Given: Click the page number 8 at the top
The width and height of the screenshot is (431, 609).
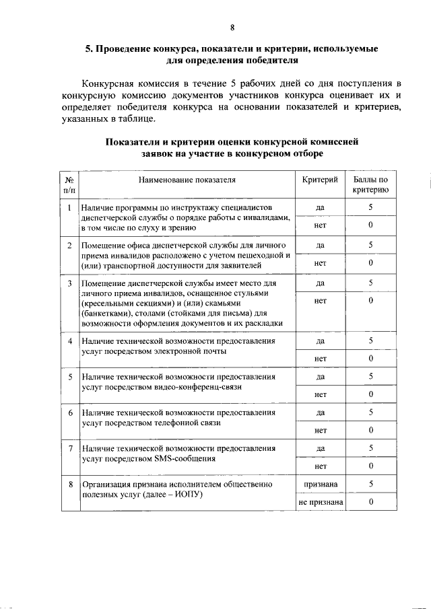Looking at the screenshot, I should point(232,28).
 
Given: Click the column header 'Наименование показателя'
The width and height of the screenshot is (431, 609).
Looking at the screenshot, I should point(187,180).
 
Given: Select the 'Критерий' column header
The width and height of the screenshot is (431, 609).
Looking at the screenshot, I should point(321,180).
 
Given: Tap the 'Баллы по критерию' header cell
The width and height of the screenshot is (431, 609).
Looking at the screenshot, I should point(370,185).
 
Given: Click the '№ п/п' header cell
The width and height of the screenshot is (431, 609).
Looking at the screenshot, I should point(69,185).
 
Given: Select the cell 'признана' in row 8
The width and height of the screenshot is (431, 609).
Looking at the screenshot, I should point(321,483).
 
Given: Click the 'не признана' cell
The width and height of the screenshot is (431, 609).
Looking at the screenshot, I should point(321,502).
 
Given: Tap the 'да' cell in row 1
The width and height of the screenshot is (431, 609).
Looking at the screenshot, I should point(321,208).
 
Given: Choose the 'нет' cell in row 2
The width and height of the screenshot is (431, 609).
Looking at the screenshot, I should point(321,263).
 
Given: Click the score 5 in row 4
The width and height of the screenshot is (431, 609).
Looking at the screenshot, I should point(370,341).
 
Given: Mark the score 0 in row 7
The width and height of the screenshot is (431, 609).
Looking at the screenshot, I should point(370,466).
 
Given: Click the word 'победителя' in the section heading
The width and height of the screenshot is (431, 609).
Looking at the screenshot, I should point(267,60).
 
